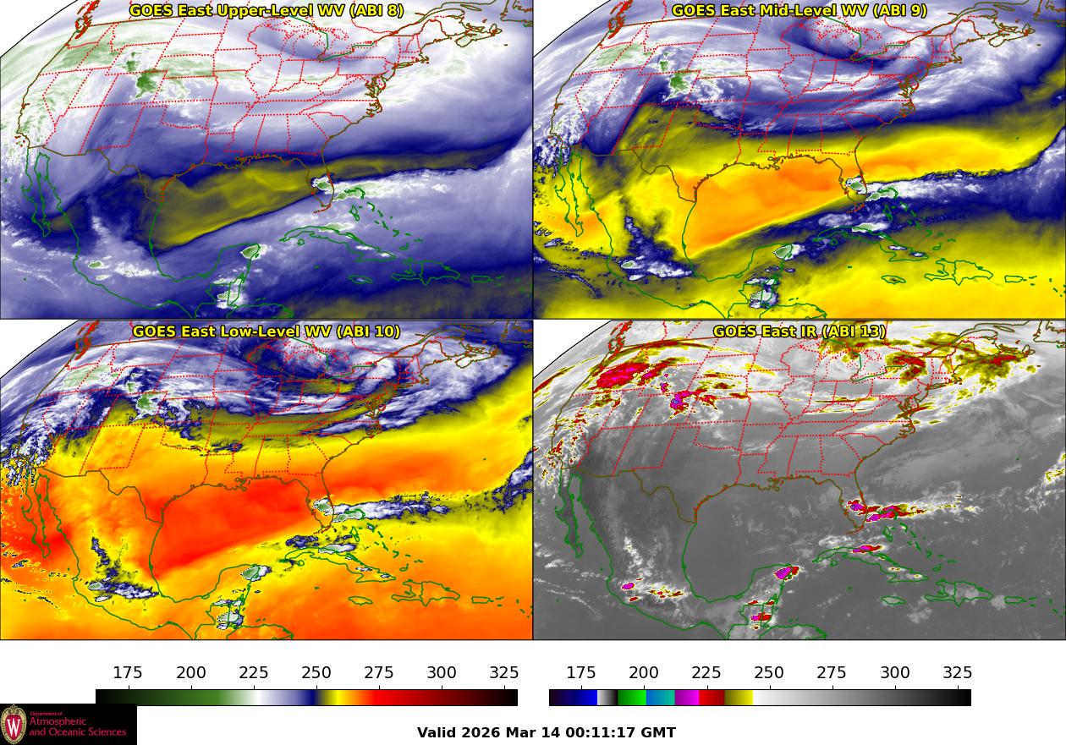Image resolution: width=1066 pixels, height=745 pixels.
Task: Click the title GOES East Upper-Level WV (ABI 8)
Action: (x=266, y=11)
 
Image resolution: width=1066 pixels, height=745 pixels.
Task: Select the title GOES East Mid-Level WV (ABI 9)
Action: (x=799, y=11)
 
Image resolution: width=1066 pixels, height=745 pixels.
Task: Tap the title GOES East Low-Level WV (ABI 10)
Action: (x=266, y=331)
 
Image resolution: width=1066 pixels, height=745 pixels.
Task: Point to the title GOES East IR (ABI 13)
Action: (x=799, y=331)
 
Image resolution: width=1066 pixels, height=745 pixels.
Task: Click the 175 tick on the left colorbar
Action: (x=128, y=673)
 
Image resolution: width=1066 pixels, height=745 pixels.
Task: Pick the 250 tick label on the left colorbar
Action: (x=316, y=673)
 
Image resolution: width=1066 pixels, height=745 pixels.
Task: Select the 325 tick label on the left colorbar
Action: (x=504, y=673)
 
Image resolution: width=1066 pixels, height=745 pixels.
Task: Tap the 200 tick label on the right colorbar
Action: (x=644, y=673)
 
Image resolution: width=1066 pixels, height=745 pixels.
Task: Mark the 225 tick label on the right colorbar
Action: (x=706, y=673)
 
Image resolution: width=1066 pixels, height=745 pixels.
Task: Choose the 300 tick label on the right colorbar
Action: (x=895, y=673)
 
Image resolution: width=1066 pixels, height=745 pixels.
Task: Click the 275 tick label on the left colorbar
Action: (x=379, y=673)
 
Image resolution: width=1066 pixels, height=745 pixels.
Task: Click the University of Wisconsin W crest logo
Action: (x=14, y=725)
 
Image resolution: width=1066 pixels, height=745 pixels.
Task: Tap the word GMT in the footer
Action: (x=659, y=733)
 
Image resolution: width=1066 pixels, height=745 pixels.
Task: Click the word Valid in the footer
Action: (x=437, y=733)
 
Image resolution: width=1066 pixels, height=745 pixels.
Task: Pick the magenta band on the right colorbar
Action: (x=687, y=698)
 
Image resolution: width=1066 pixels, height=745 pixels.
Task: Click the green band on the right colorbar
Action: (x=631, y=698)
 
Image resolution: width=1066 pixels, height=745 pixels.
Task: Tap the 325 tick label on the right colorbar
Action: (x=958, y=673)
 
